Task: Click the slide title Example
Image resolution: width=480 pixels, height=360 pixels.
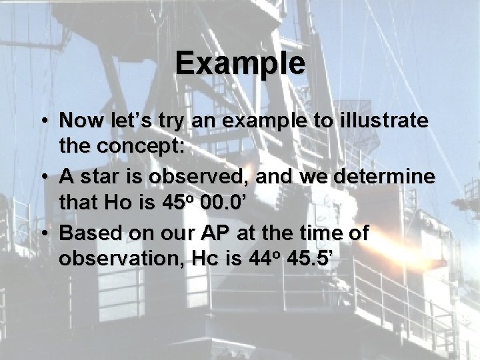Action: point(241,64)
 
